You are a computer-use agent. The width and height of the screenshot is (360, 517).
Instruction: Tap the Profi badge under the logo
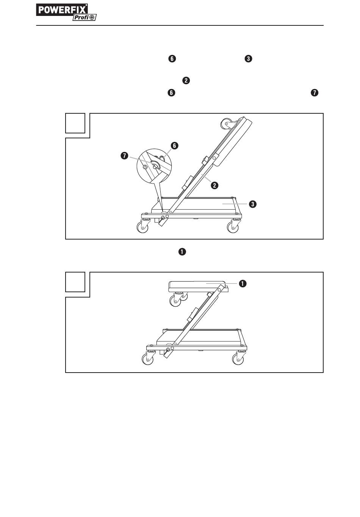[x=84, y=17]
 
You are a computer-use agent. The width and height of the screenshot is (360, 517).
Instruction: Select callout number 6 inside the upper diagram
[x=174, y=146]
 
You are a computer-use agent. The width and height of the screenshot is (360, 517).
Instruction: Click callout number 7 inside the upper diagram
[x=125, y=156]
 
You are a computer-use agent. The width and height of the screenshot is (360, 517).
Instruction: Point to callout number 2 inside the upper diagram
[x=214, y=185]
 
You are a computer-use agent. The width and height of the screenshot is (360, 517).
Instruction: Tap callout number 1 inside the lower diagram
[x=242, y=283]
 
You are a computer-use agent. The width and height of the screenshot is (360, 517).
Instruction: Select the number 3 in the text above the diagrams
[x=249, y=59]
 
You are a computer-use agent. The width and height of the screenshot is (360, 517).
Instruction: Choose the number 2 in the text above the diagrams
[x=186, y=80]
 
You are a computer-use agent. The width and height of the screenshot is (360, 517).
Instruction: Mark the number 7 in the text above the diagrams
[x=314, y=93]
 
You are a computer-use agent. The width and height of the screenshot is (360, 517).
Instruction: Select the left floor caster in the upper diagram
[x=142, y=226]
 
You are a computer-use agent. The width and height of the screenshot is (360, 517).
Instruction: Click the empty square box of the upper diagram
[x=75, y=123]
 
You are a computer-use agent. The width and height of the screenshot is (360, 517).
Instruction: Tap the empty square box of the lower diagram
[x=75, y=282]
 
